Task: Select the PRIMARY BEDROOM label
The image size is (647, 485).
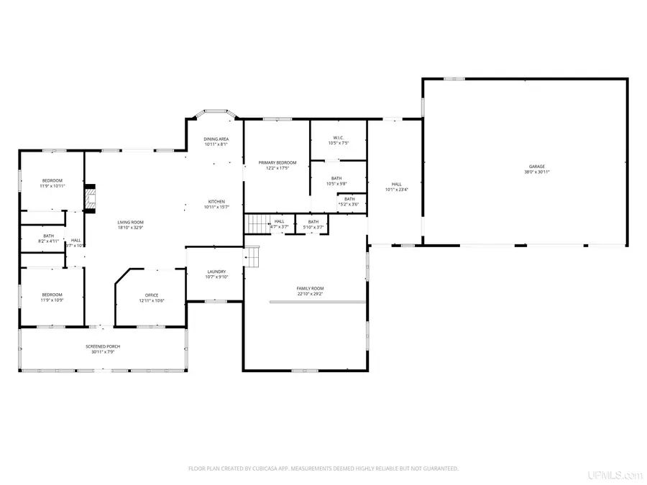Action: (x=277, y=163)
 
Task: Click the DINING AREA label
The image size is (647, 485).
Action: (x=216, y=139)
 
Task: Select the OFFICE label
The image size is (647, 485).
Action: (x=152, y=295)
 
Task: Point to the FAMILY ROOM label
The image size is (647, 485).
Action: (x=310, y=288)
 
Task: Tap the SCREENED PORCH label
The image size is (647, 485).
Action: (x=103, y=346)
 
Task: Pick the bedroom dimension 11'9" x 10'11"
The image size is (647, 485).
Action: (x=52, y=186)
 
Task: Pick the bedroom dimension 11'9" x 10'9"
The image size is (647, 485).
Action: (x=52, y=300)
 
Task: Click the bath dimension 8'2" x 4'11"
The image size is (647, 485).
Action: (x=48, y=241)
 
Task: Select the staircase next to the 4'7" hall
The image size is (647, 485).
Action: (x=257, y=224)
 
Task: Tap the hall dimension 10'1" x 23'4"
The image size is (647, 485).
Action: (x=397, y=190)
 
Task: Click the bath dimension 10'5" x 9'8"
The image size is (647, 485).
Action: (x=336, y=184)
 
